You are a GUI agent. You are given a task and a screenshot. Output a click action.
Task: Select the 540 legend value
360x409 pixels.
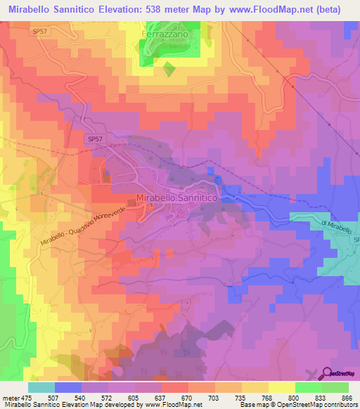(x=81, y=397)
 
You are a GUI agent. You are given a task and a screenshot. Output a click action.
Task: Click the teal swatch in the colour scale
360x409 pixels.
(x=41, y=387)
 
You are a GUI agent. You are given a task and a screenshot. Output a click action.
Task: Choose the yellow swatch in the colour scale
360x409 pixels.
(x=281, y=387)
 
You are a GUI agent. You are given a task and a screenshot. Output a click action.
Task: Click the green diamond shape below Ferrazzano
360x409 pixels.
(x=169, y=70)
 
